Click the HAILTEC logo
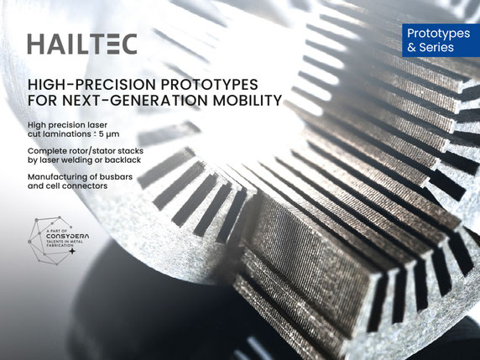click(82, 44)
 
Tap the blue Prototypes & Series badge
click(441, 40)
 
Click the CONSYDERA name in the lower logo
click(68, 237)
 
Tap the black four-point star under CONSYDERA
click(72, 251)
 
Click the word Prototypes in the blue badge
click(438, 34)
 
